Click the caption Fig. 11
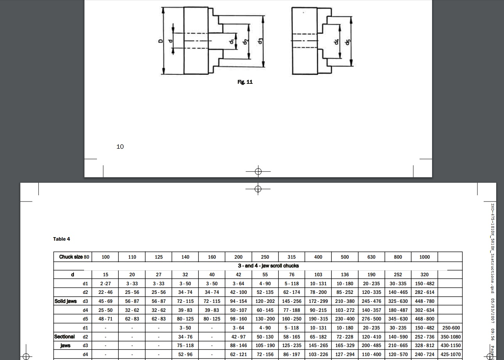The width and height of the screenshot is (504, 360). pyautogui.click(x=245, y=82)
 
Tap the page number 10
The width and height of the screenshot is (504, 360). pyautogui.click(x=120, y=147)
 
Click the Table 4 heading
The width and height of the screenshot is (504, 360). pyautogui.click(x=62, y=239)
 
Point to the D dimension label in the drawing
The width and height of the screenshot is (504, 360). pyautogui.click(x=160, y=41)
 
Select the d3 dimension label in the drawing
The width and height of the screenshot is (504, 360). pyautogui.click(x=260, y=41)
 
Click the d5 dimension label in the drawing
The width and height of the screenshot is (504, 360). pyautogui.click(x=348, y=42)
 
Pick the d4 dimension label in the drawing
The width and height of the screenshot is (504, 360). pyautogui.click(x=336, y=42)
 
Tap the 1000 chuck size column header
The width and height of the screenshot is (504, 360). pyautogui.click(x=424, y=257)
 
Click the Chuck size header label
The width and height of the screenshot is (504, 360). pyautogui.click(x=71, y=257)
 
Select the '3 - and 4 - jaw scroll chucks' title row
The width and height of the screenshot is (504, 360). pyautogui.click(x=268, y=266)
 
